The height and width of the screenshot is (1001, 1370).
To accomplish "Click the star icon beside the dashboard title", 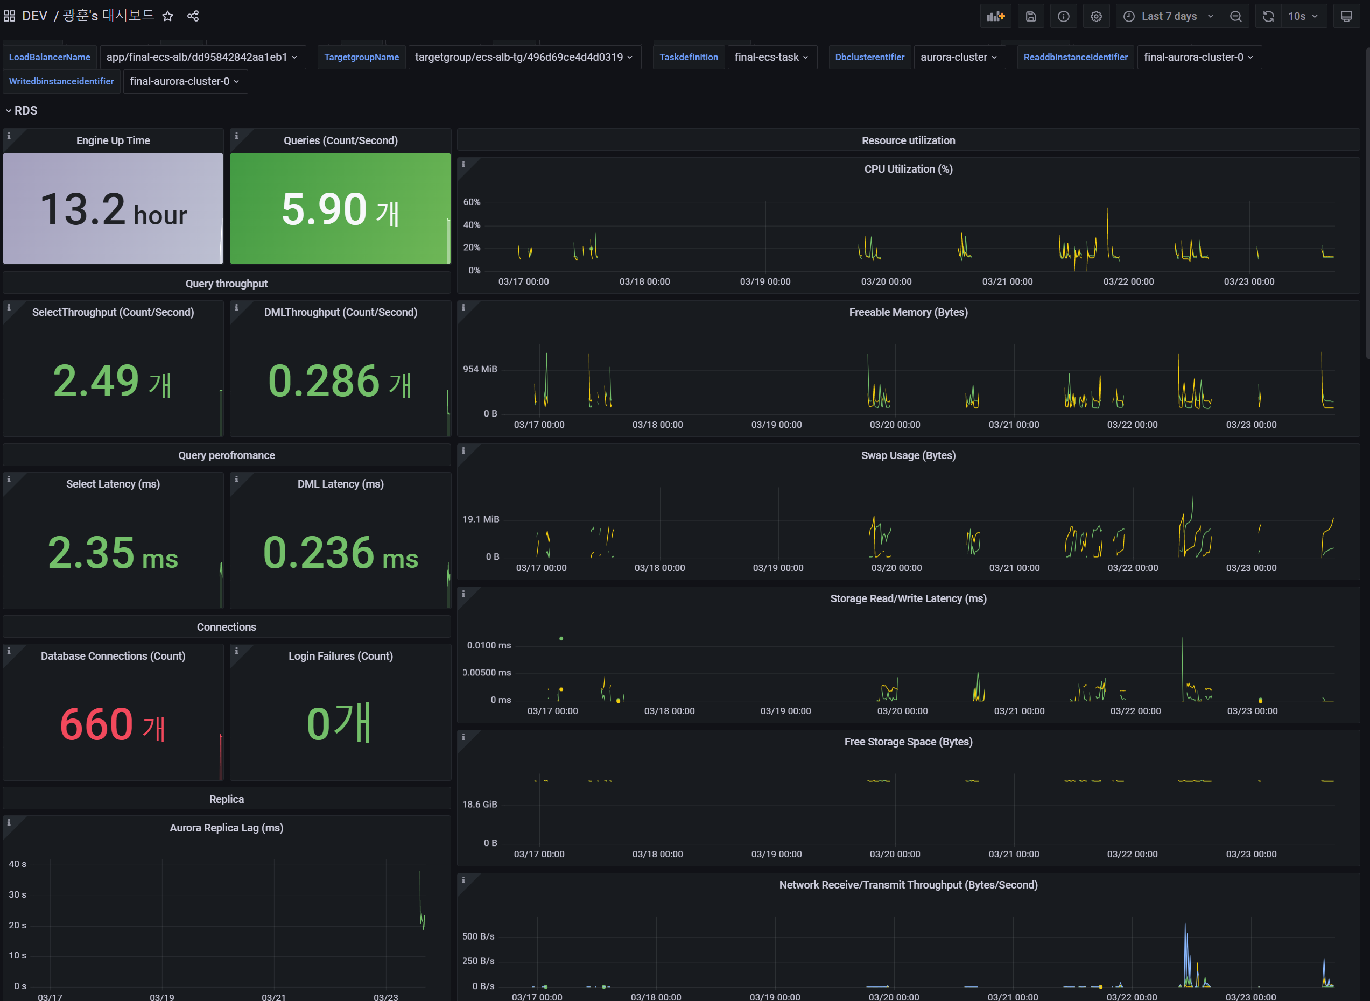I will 168,16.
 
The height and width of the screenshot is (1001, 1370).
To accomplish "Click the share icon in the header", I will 193,16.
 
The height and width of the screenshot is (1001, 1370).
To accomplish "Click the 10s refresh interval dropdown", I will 1302,16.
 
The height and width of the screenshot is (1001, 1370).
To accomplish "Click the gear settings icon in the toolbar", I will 1095,16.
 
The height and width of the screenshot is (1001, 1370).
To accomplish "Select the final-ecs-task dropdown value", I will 771,57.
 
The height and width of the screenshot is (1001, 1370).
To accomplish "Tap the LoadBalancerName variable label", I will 50,57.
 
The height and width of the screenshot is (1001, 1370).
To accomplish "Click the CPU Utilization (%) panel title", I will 908,169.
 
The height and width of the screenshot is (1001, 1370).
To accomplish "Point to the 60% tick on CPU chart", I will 472,202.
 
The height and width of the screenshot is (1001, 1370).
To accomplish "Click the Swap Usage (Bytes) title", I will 908,455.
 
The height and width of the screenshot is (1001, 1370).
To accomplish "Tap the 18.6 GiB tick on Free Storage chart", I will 479,804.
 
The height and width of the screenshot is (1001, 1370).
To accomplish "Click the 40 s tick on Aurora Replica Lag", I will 18,863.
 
